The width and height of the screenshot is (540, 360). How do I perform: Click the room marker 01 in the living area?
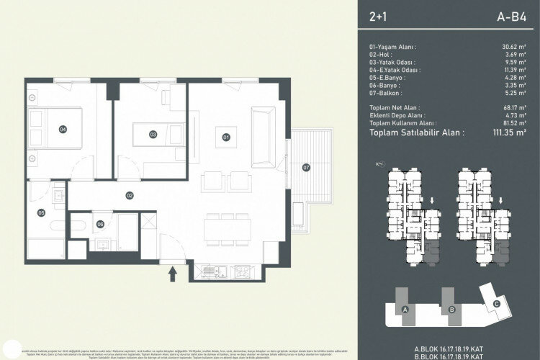click(225, 136)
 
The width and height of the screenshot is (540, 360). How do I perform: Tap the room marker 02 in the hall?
click(130, 194)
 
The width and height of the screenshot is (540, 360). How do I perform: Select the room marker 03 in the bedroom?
click(153, 134)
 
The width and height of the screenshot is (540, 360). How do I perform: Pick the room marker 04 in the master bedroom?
click(63, 129)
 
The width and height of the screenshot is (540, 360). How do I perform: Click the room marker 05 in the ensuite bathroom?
click(42, 212)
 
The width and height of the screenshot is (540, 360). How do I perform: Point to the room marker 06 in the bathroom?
click(100, 224)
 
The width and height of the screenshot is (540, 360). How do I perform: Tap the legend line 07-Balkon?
click(386, 94)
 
